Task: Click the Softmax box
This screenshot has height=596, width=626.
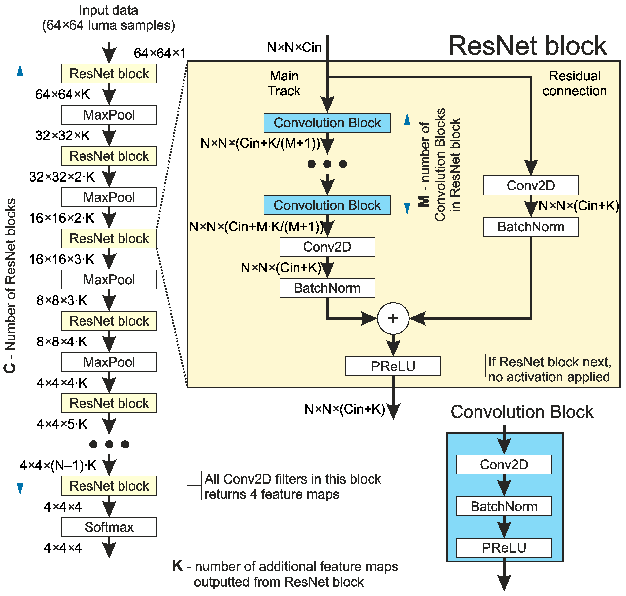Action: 109,527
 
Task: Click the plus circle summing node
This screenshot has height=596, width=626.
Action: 393,318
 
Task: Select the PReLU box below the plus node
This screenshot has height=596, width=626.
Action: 393,366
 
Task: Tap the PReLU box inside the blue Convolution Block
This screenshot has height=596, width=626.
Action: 504,548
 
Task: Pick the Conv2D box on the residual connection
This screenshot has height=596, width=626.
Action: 531,186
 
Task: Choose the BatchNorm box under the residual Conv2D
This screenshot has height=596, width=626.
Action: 531,227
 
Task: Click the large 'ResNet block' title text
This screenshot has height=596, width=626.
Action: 528,46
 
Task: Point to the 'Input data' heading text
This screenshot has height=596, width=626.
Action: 108,10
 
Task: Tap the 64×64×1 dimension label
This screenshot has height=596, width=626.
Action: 160,53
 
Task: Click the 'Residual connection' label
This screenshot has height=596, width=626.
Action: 575,83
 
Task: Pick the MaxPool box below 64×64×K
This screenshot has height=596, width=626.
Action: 109,115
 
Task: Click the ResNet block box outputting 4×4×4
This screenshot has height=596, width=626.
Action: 109,486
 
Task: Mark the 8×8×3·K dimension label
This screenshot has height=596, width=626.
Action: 62,300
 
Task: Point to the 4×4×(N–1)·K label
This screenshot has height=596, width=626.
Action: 58,465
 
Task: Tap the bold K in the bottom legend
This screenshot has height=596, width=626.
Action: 177,566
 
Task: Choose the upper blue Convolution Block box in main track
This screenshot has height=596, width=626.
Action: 327,123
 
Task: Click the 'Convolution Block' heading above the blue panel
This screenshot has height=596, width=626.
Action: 522,412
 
